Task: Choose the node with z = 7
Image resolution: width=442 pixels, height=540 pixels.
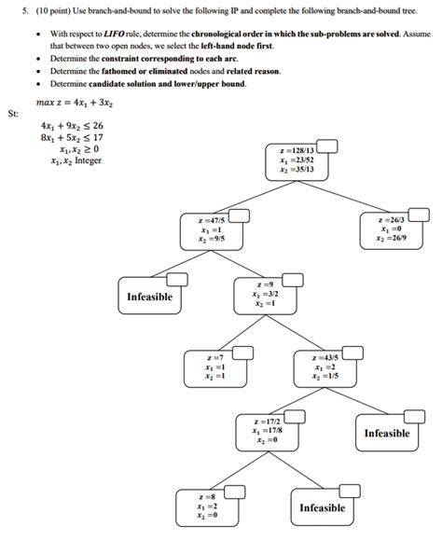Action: click(218, 367)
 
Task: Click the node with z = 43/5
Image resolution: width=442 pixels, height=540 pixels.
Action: click(325, 367)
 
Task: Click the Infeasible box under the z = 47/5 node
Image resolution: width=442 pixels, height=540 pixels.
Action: click(150, 298)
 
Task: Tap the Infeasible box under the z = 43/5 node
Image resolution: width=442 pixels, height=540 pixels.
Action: click(386, 434)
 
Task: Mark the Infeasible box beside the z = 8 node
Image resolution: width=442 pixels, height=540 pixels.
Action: click(322, 507)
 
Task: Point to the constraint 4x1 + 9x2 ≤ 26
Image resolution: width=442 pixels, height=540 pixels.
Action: click(72, 125)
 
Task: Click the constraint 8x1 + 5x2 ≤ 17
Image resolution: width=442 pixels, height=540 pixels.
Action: click(72, 137)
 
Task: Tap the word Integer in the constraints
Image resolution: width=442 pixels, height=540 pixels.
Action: click(84, 160)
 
